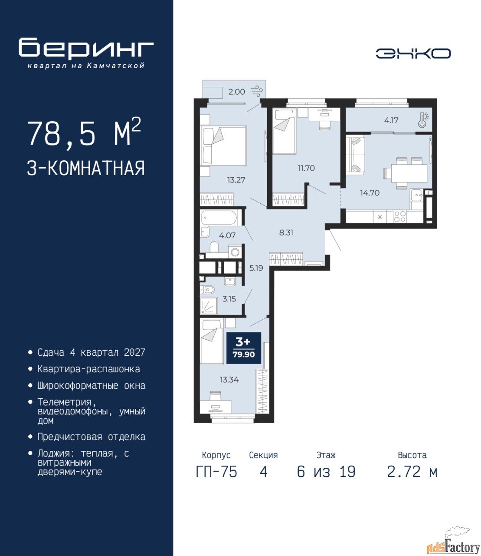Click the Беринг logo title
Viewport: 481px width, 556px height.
pyautogui.click(x=86, y=49)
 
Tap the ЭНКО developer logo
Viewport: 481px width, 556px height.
pyautogui.click(x=413, y=53)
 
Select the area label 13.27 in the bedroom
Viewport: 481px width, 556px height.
pyautogui.click(x=236, y=180)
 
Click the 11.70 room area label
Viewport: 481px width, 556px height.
pyautogui.click(x=306, y=168)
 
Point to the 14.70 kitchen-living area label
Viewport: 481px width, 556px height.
pyautogui.click(x=370, y=192)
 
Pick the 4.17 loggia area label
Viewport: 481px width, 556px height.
pyautogui.click(x=391, y=120)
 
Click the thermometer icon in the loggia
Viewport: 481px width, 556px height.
pyautogui.click(x=423, y=119)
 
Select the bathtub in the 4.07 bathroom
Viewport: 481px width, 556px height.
pyautogui.click(x=219, y=218)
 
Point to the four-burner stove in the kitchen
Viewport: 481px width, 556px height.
pyautogui.click(x=399, y=217)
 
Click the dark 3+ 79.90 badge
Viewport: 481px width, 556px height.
pyautogui.click(x=244, y=348)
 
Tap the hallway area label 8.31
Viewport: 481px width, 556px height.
pyautogui.click(x=286, y=232)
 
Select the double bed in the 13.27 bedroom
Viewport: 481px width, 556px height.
pyautogui.click(x=223, y=145)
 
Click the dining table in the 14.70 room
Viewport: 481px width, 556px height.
pyautogui.click(x=406, y=173)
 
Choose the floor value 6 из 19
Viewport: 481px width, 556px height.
pyautogui.click(x=326, y=472)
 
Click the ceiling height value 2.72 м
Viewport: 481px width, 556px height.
pyautogui.click(x=412, y=472)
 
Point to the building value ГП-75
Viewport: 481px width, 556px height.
pyautogui.click(x=216, y=472)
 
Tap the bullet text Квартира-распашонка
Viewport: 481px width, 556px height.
pyautogui.click(x=88, y=369)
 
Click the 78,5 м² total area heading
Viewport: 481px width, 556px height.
pyautogui.click(x=84, y=133)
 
